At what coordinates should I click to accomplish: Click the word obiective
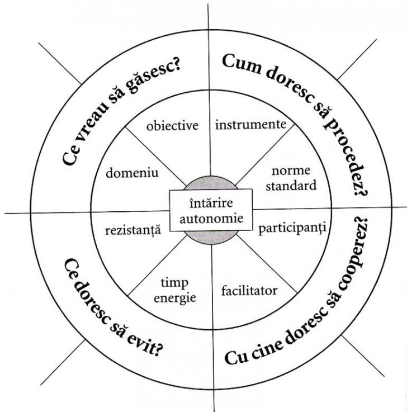[x=172, y=125]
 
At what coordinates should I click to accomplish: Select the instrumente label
[x=251, y=124]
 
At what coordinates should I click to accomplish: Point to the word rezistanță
[x=132, y=228]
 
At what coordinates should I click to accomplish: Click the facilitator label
[x=249, y=291]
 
